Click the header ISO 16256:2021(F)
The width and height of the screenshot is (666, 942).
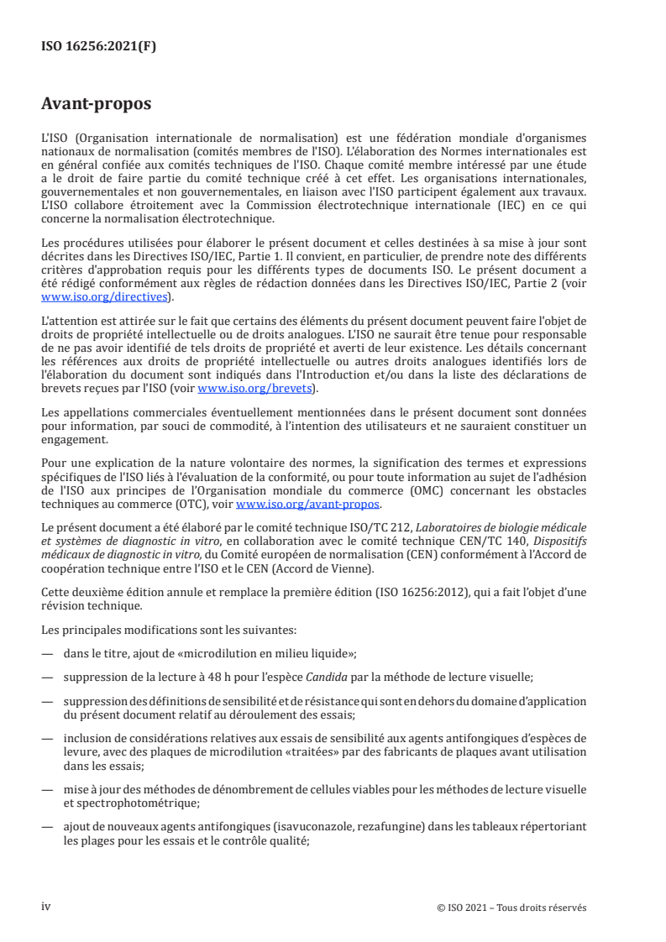(x=99, y=47)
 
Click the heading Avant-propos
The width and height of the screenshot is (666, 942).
(x=97, y=105)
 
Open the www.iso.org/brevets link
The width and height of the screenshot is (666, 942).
(x=264, y=389)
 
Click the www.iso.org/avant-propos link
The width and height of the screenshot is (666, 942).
(x=308, y=504)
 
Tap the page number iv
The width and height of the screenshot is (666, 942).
(x=47, y=907)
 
